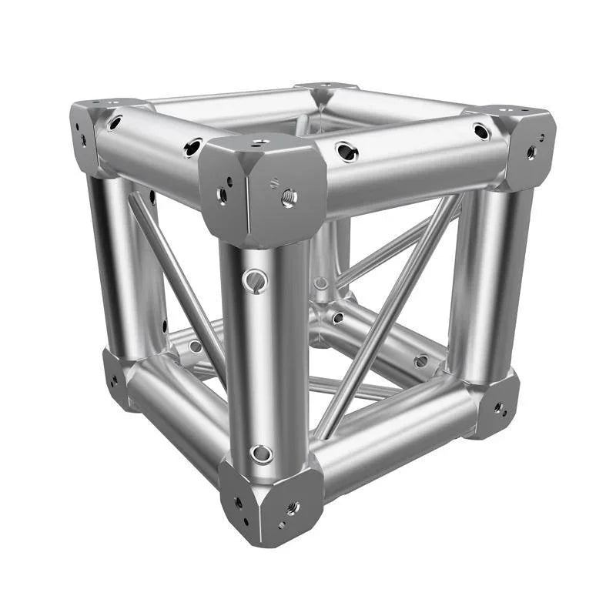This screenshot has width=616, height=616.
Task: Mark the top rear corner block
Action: [327, 91]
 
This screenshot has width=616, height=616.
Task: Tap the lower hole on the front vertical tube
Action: [261, 454]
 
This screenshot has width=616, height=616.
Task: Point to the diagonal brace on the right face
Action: [385, 316]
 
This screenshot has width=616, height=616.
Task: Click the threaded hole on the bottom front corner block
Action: [292, 507]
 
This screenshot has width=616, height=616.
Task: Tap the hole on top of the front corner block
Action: [261, 143]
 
